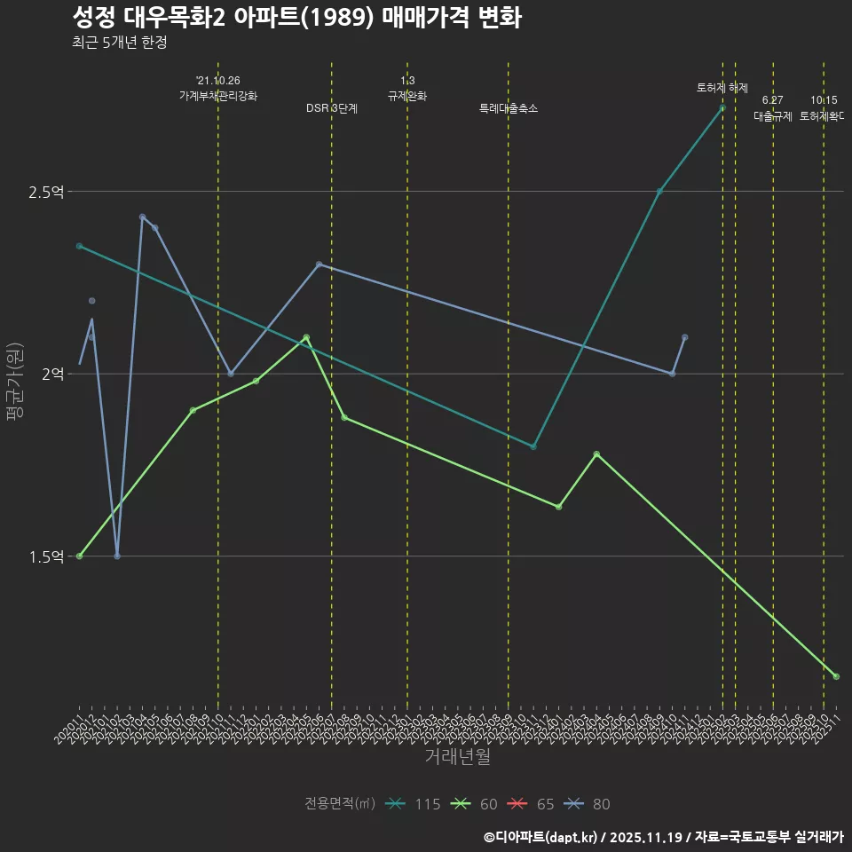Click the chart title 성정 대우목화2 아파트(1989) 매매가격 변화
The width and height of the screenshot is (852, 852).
(x=296, y=18)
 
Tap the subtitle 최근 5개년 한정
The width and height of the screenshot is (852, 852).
(x=119, y=42)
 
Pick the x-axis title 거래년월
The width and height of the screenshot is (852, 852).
(x=457, y=757)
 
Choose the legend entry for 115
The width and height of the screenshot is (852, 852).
(x=414, y=804)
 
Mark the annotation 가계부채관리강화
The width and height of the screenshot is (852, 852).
(x=218, y=96)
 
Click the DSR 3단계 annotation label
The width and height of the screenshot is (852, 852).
(x=332, y=108)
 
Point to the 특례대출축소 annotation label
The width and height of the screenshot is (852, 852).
(x=509, y=108)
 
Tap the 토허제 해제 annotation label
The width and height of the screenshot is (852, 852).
(x=722, y=88)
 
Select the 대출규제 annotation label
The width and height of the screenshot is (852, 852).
(x=773, y=116)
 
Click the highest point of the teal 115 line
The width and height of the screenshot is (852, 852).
(x=722, y=107)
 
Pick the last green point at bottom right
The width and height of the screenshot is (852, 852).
(x=836, y=677)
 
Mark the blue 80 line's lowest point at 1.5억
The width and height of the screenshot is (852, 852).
(x=117, y=556)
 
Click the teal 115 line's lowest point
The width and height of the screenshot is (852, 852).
(x=533, y=446)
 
